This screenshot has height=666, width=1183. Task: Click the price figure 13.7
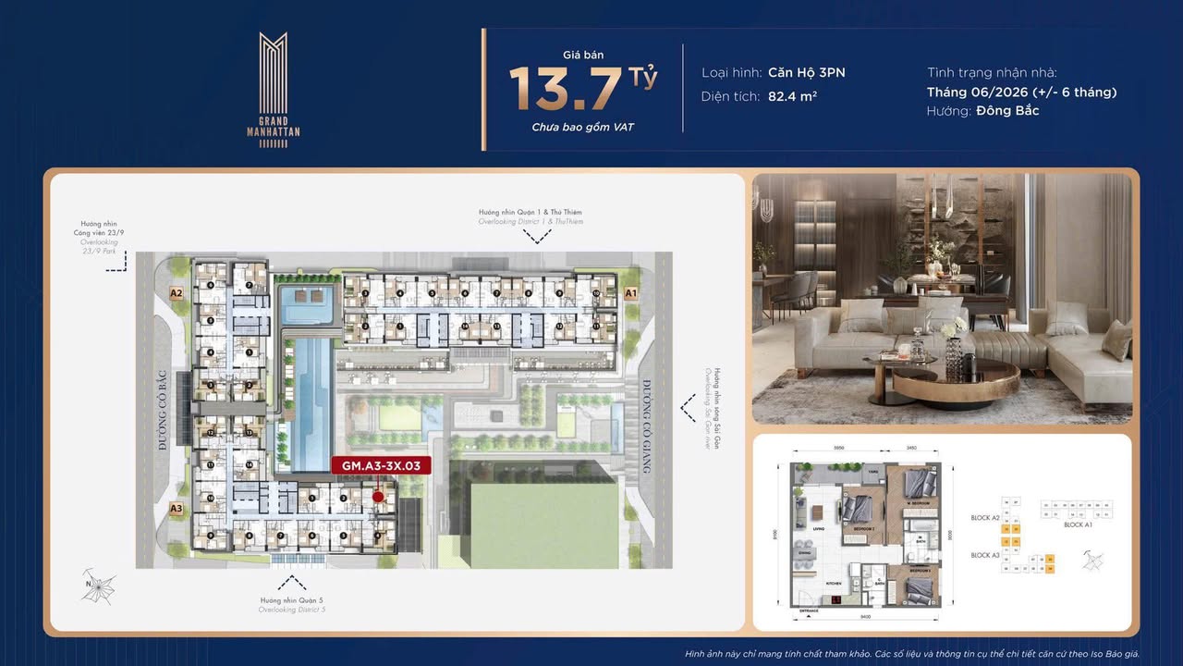[566, 89]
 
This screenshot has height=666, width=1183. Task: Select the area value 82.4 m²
[792, 95]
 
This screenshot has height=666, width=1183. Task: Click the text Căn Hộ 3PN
[806, 72]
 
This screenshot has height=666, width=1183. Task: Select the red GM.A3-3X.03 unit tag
[381, 466]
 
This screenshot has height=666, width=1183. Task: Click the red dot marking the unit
[378, 497]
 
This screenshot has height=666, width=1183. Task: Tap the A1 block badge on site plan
[631, 293]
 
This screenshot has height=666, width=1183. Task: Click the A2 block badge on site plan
[177, 293]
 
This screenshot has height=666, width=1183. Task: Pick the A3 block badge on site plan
[177, 508]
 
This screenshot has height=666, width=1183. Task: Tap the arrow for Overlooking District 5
[292, 582]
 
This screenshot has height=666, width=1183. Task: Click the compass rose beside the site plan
[98, 586]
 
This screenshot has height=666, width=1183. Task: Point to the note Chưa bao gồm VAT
[582, 127]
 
